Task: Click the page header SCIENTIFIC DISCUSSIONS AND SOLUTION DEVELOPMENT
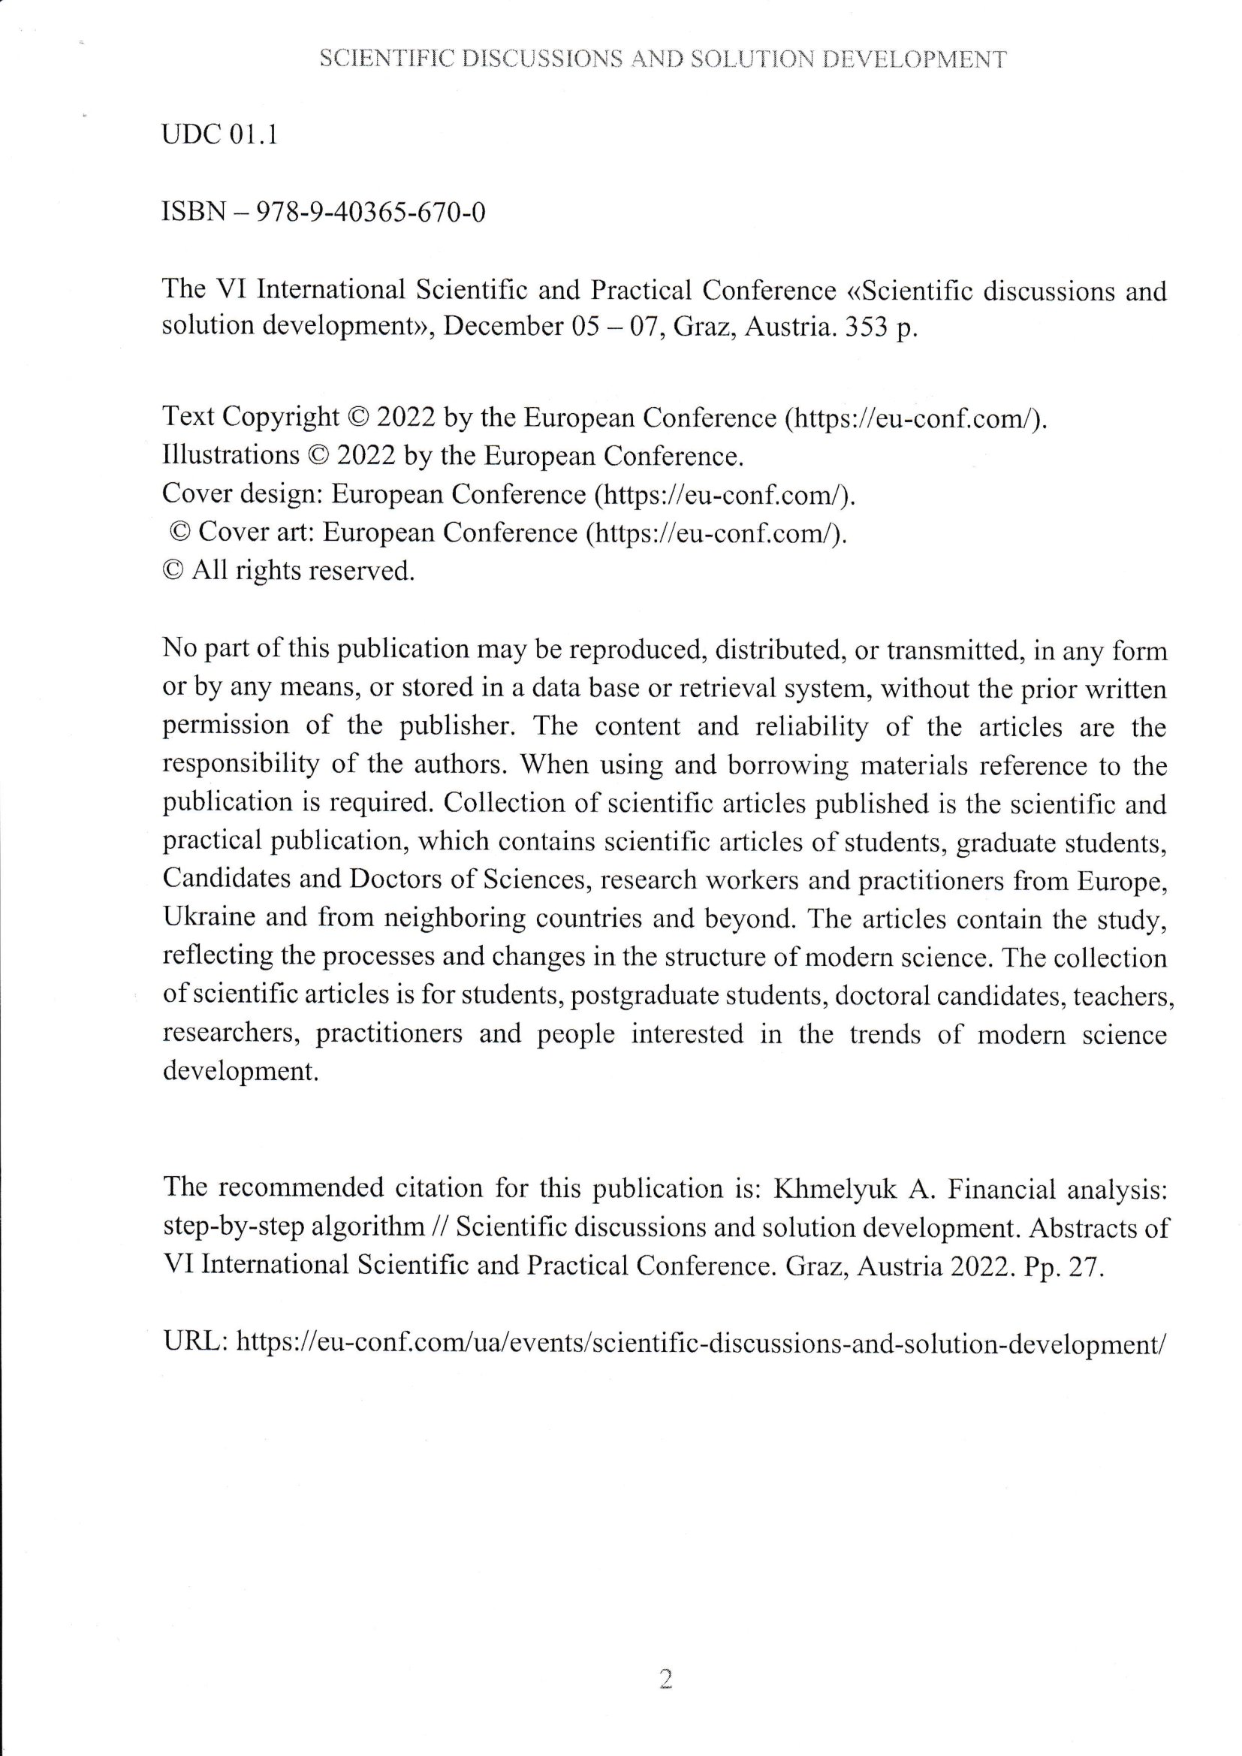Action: [662, 59]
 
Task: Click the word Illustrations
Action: [231, 456]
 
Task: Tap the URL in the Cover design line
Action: [723, 494]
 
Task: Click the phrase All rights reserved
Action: [302, 571]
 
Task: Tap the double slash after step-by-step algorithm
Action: [441, 1226]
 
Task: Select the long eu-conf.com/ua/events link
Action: [700, 1341]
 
